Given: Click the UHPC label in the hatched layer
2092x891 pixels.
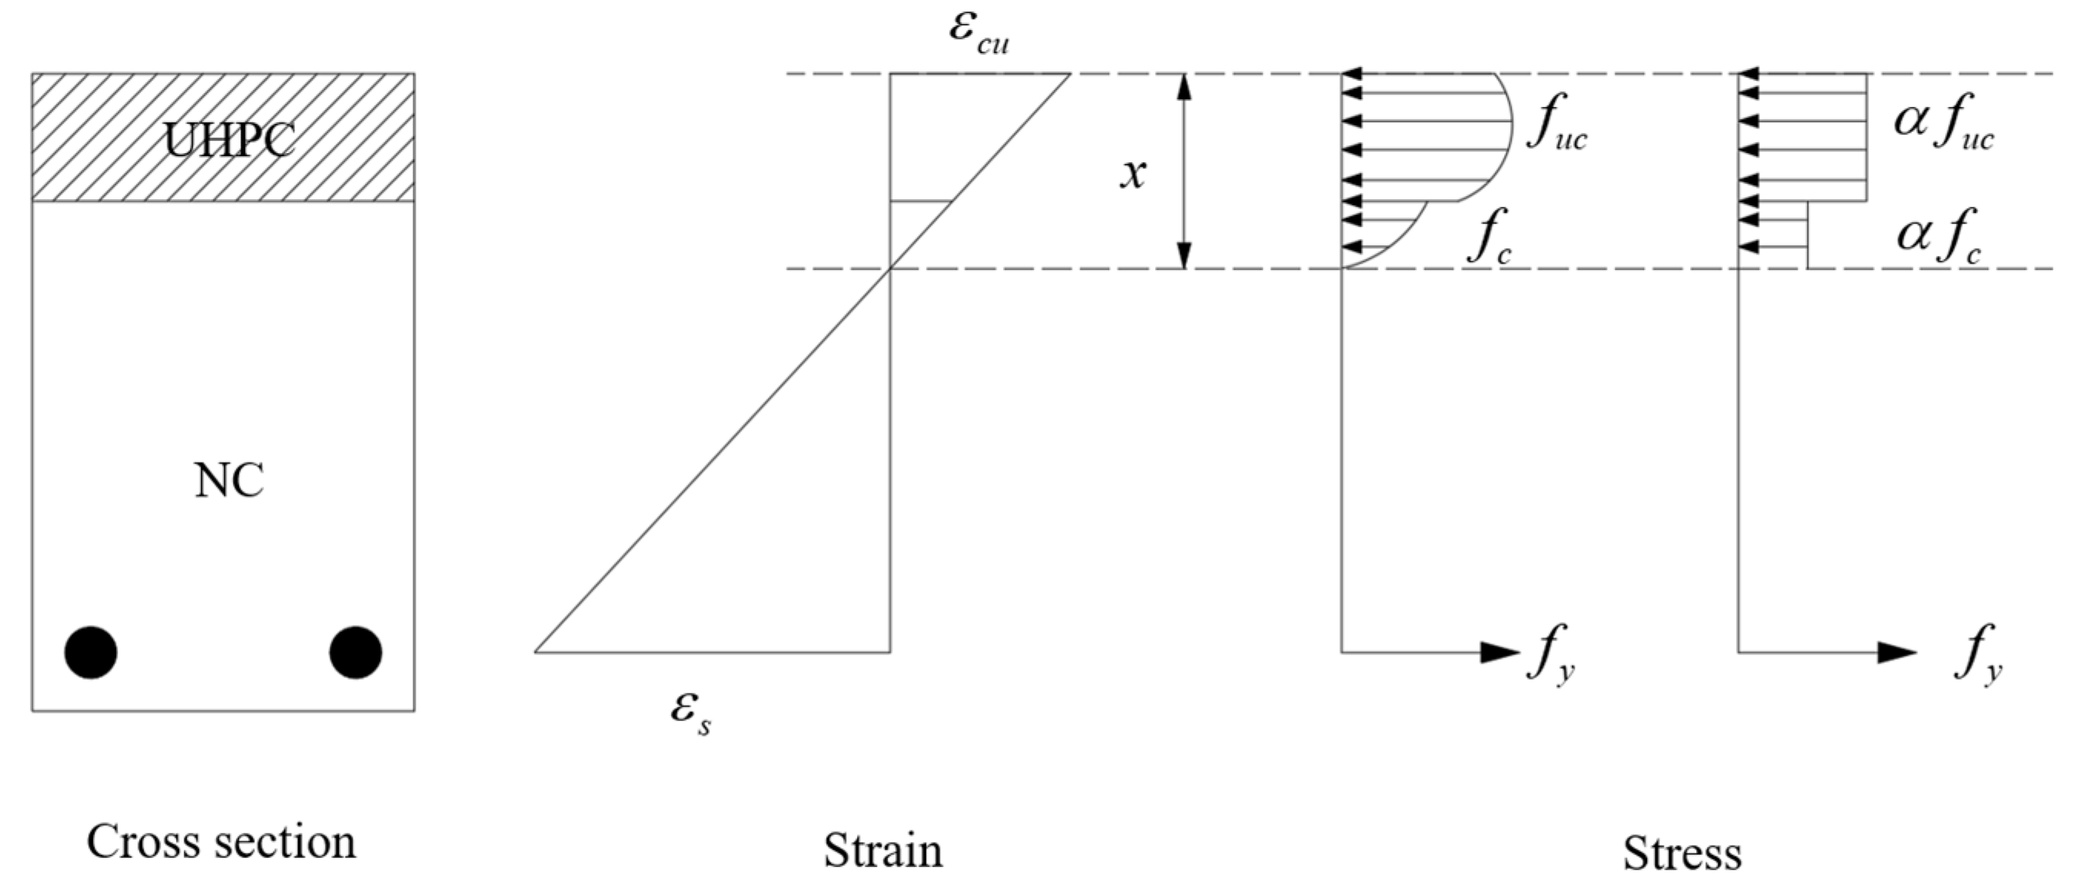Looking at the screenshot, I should [229, 140].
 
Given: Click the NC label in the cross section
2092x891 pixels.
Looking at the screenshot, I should [229, 480].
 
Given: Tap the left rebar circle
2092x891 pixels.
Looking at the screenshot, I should [91, 652].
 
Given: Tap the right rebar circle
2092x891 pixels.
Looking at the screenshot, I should [356, 652].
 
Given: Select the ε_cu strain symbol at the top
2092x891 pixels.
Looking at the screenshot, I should [978, 32].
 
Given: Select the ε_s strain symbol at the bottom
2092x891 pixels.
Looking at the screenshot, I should [691, 713].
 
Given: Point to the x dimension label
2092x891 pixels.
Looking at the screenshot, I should [1133, 173].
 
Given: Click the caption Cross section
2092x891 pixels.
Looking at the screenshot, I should [221, 843].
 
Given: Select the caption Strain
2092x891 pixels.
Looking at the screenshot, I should [883, 850].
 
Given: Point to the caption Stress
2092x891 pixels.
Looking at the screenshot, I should [1682, 853].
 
